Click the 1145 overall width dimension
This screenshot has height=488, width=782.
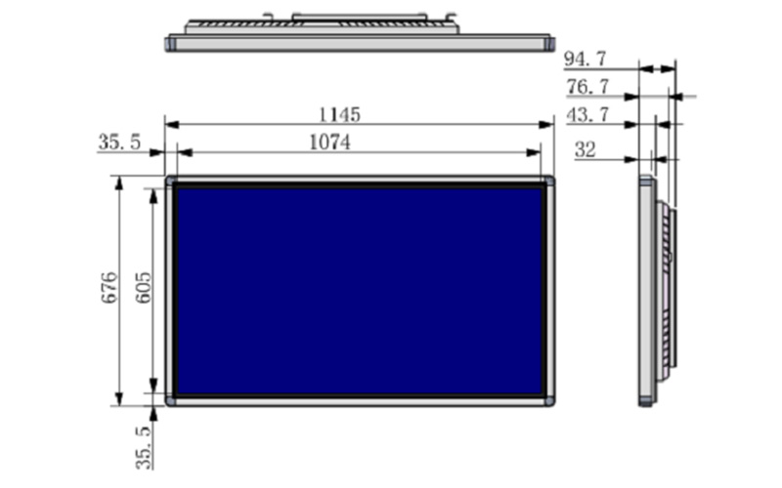point(339,115)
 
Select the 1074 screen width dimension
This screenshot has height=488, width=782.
point(329,142)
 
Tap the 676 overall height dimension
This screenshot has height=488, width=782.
point(109,287)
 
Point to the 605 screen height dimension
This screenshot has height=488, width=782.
point(143,287)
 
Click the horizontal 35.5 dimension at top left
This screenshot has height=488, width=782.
point(119,142)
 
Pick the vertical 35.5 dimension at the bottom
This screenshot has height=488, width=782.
point(144,447)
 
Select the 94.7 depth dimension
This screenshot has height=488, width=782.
point(585,60)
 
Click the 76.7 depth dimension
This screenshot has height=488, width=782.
point(587,88)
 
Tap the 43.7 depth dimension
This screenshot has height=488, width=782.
point(587,115)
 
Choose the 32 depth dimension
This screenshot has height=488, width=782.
point(585,149)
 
